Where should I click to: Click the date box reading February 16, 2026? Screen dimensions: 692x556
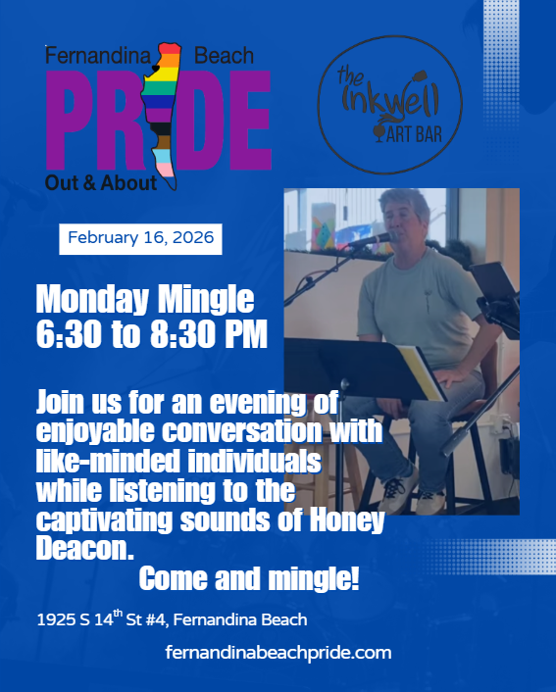140,239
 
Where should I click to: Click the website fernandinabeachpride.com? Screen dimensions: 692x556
279,653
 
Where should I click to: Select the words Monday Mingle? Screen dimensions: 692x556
145,298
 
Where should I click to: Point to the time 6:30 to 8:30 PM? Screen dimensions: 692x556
151,334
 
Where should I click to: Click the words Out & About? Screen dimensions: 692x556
100,182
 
